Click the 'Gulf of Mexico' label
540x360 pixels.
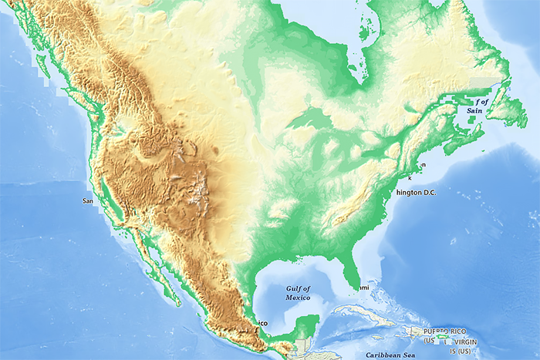click(x=297, y=292)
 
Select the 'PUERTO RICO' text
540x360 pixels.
click(x=445, y=331)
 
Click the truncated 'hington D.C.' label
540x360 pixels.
click(x=416, y=193)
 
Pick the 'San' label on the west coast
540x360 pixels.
click(x=87, y=200)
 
